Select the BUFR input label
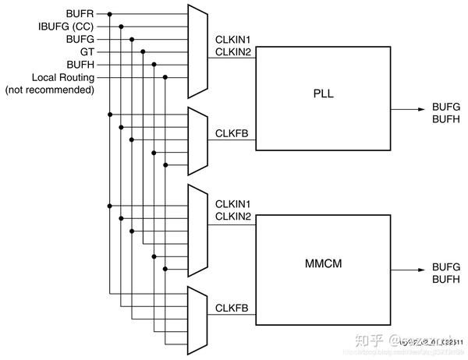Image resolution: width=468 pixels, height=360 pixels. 80,14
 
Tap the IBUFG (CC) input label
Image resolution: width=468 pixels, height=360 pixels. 66,26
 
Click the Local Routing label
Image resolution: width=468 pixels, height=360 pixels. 62,77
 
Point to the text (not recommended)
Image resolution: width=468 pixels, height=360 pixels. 50,90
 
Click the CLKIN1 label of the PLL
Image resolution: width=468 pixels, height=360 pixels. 232,39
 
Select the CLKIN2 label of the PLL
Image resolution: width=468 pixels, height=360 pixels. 232,51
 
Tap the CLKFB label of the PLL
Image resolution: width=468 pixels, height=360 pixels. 232,133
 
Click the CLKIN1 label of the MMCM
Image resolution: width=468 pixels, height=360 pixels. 232,203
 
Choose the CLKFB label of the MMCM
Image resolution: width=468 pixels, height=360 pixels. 232,309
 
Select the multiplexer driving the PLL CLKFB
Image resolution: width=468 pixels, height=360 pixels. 198,140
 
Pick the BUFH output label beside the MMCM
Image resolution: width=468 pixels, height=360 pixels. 446,278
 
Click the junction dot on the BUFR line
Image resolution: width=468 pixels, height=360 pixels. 109,14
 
